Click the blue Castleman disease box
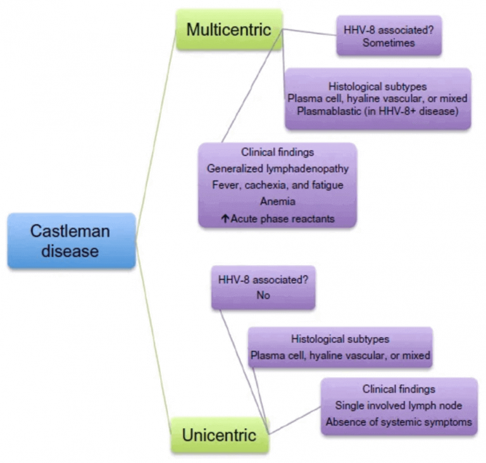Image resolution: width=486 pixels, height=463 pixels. pyautogui.click(x=71, y=240)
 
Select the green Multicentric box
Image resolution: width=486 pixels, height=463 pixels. pyautogui.click(x=228, y=30)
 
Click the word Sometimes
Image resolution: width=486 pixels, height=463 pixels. pyautogui.click(x=389, y=43)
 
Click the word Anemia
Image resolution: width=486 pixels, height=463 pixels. pyautogui.click(x=277, y=201)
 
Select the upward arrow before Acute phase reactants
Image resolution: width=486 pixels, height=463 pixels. pyautogui.click(x=224, y=218)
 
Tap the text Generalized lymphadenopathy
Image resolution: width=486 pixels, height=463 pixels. pyautogui.click(x=277, y=169)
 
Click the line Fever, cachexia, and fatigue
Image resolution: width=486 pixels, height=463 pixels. pyautogui.click(x=277, y=185)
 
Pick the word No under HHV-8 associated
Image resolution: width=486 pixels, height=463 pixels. pyautogui.click(x=263, y=295)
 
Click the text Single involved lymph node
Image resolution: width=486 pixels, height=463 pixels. pyautogui.click(x=398, y=405)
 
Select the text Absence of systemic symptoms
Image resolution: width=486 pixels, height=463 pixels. pyautogui.click(x=398, y=422)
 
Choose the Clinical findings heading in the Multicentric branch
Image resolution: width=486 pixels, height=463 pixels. pyautogui.click(x=277, y=152)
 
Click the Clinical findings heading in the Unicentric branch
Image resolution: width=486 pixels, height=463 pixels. pyautogui.click(x=398, y=389)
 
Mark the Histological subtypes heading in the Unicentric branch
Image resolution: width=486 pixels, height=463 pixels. pyautogui.click(x=340, y=339)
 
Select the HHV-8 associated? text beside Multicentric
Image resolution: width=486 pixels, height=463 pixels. pyautogui.click(x=389, y=30)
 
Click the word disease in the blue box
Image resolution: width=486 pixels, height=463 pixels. pyautogui.click(x=70, y=251)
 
